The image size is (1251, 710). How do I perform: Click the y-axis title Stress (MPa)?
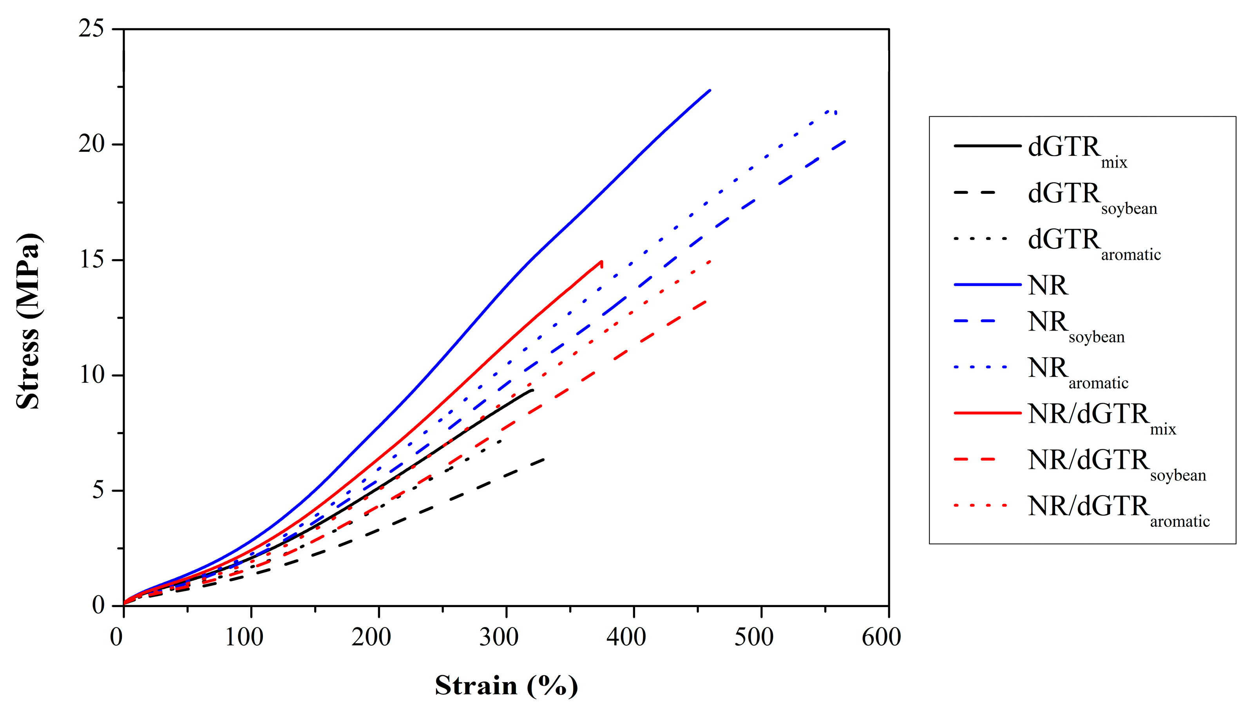tap(28, 322)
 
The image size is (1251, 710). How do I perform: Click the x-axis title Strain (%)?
tap(506, 686)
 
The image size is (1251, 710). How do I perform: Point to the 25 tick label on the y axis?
tap(91, 29)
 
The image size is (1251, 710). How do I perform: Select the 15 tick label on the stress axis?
tap(91, 260)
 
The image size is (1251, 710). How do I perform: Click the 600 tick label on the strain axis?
tap(881, 637)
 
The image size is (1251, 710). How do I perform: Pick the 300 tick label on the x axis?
tap(498, 637)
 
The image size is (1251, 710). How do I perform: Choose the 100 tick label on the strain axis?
tap(244, 637)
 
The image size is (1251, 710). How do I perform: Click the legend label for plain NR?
tap(1048, 285)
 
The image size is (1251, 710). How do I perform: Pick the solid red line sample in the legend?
tap(987, 413)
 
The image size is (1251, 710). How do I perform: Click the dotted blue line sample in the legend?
tap(981, 367)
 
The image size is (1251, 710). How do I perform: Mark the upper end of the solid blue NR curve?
tap(710, 90)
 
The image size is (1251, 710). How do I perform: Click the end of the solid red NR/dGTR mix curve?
tap(601, 262)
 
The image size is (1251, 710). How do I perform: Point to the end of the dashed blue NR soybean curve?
tap(845, 141)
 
